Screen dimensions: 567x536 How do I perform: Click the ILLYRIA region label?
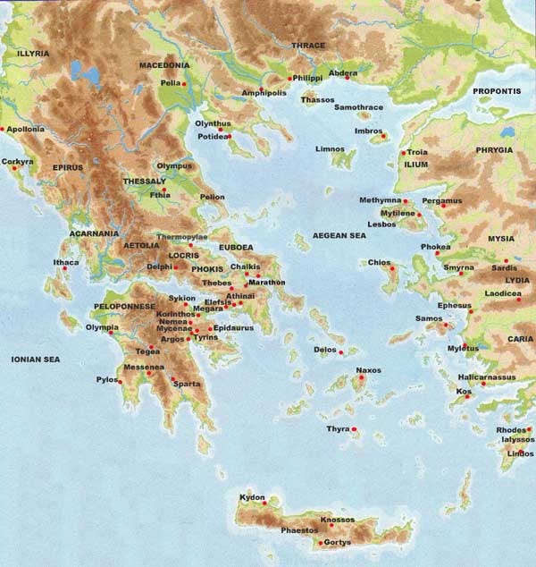click(x=33, y=54)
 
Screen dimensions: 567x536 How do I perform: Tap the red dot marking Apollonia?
click(x=4, y=130)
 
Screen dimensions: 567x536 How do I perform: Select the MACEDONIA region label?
click(x=165, y=65)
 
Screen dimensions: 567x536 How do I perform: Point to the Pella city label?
click(x=170, y=83)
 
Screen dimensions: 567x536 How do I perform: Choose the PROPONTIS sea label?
click(x=498, y=91)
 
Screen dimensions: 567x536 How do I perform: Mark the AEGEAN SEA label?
click(x=339, y=235)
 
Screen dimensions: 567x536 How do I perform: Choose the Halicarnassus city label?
click(x=486, y=377)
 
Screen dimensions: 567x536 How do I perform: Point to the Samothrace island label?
click(x=358, y=107)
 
